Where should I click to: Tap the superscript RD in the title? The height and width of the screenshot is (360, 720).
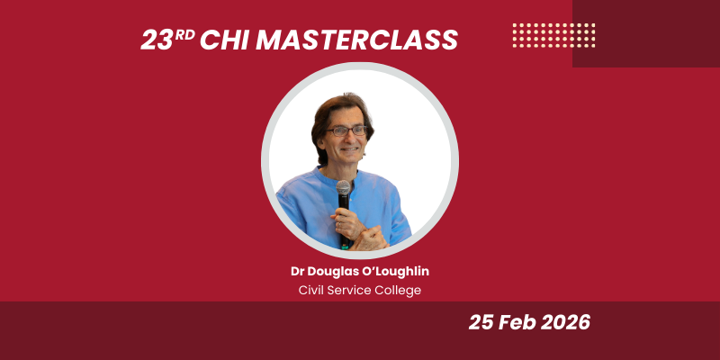tap(185, 34)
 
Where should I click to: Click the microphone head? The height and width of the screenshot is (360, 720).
tap(343, 188)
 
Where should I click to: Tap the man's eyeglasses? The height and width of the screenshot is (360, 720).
tap(347, 131)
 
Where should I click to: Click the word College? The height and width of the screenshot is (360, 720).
tap(397, 290)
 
